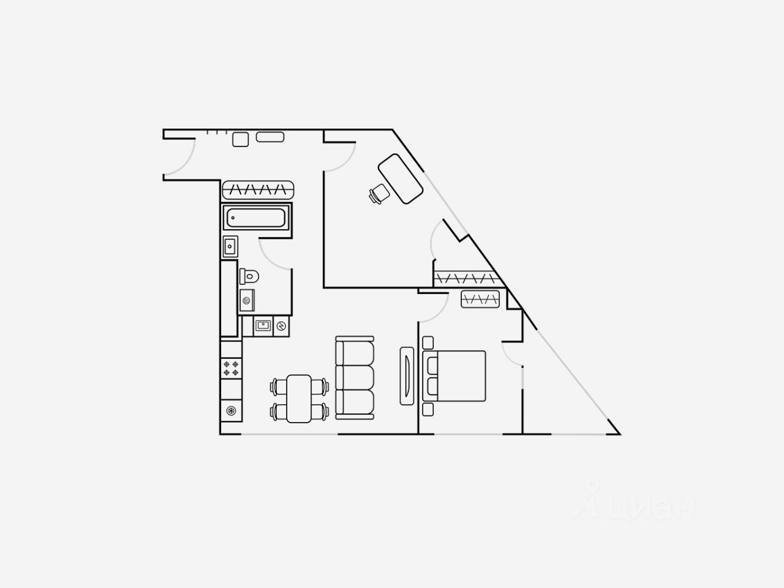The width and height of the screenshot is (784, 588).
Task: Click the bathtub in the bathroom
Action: tap(256, 218)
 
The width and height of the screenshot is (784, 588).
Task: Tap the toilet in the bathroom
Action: tap(250, 276)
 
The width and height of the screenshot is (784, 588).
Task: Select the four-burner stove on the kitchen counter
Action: tap(232, 368)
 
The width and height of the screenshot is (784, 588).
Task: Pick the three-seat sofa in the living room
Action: tap(355, 378)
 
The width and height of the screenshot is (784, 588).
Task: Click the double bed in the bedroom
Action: tap(454, 375)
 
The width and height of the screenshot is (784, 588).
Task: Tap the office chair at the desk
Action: tap(379, 194)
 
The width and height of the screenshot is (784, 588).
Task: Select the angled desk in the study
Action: tap(401, 178)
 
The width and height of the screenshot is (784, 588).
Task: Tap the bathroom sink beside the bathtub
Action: tap(230, 247)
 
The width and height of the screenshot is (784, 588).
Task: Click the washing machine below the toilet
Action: tap(247, 301)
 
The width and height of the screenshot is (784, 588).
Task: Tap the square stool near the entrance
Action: tap(240, 139)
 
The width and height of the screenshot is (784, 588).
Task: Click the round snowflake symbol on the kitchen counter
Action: tap(231, 411)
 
